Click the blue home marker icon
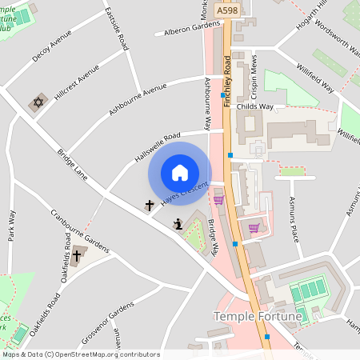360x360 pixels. tap(180, 172)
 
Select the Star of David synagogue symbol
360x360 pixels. tap(37, 102)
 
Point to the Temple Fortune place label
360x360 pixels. tap(258, 317)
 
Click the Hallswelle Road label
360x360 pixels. tap(158, 147)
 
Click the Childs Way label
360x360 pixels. tap(279, 105)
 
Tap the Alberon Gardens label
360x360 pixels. tap(192, 28)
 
